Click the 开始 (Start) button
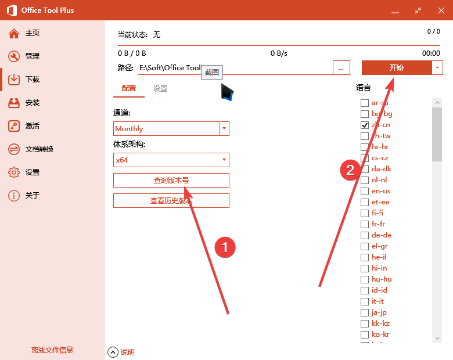397,68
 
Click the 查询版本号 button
171,181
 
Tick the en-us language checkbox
365,191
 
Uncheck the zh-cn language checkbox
365,125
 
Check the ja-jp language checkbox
365,312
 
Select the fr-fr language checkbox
365,224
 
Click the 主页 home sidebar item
32,33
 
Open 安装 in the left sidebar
32,103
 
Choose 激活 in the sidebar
32,126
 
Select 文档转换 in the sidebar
39,149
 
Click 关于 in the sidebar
32,196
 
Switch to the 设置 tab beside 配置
160,89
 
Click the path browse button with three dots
341,68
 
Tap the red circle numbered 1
225,247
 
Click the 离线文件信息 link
52,350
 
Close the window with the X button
439,10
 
